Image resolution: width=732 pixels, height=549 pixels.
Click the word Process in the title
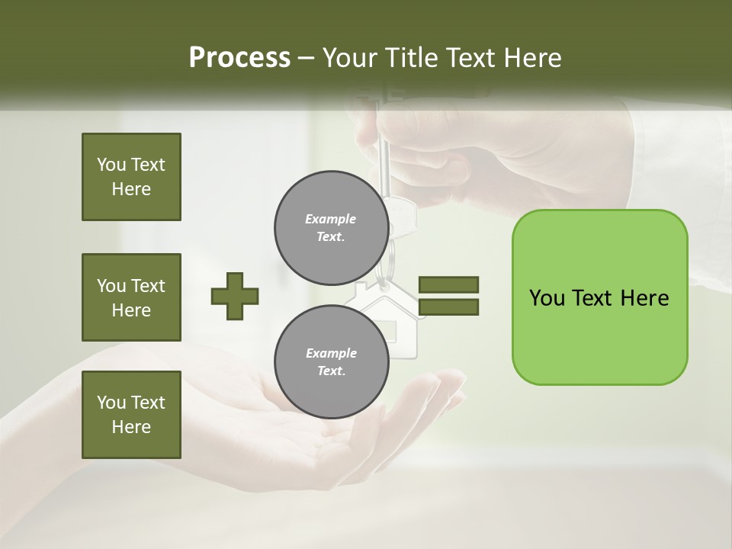239,58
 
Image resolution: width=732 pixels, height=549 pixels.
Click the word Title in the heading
412,58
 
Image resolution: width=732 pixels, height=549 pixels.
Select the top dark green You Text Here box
131,177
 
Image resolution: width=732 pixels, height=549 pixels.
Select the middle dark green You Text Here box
131,297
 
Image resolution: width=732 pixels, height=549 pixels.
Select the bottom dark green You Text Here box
131,415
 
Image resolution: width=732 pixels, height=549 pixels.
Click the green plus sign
235,296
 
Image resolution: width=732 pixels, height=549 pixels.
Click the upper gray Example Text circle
330,227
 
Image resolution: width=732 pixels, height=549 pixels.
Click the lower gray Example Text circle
330,361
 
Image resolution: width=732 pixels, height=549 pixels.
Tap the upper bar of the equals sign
449,284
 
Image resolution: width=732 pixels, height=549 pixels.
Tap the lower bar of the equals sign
449,307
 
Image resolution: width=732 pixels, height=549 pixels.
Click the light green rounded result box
599,335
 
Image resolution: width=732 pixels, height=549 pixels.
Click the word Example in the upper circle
330,219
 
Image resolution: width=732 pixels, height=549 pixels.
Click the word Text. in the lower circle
330,371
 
